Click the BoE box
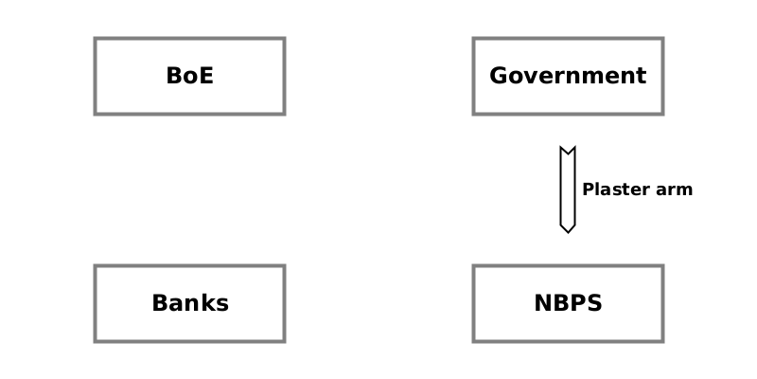pyautogui.click(x=189, y=76)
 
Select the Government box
pyautogui.click(x=568, y=76)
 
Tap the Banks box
pyautogui.click(x=189, y=303)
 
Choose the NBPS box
pyautogui.click(x=568, y=303)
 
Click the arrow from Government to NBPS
pyautogui.click(x=568, y=189)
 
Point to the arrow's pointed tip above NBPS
pyautogui.click(x=568, y=231)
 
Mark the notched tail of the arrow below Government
pyautogui.click(x=568, y=150)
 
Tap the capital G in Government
pyautogui.click(x=498, y=76)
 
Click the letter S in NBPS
pyautogui.click(x=594, y=303)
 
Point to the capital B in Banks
pyautogui.click(x=160, y=303)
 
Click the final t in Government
pyautogui.click(x=642, y=76)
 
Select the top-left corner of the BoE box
pyautogui.click(x=95, y=39)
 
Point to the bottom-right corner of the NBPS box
pyautogui.click(x=662, y=341)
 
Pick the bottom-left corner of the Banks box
pyautogui.click(x=95, y=341)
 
